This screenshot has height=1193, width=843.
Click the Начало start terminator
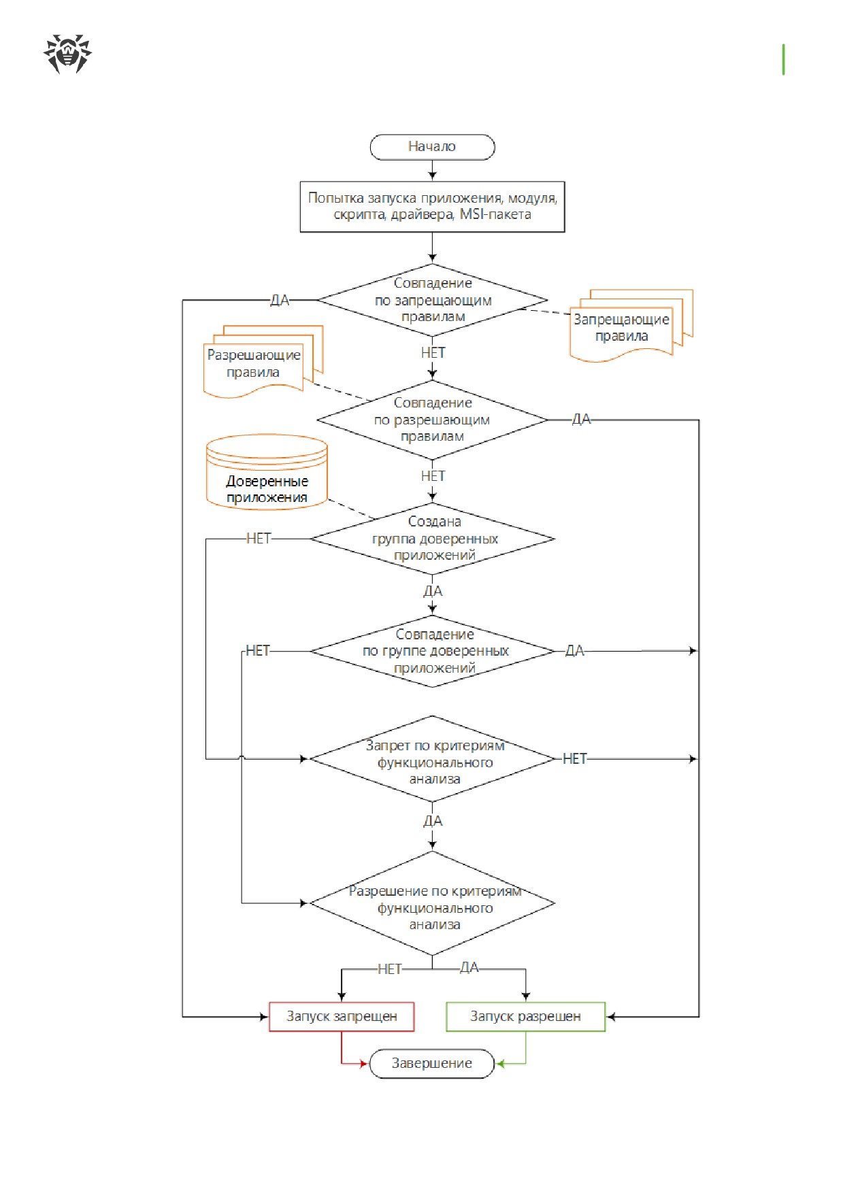pos(432,147)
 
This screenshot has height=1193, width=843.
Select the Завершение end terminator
pos(431,1064)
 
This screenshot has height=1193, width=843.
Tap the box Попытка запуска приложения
pos(432,207)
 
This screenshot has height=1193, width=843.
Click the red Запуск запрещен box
pos(342,1017)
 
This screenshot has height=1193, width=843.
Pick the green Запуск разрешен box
pos(525,1017)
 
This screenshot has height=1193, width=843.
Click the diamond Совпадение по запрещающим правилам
pos(432,300)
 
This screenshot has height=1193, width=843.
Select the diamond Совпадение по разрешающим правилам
pos(432,420)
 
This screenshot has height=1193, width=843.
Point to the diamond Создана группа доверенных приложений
pos(432,539)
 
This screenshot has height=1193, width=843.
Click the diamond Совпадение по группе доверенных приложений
pos(432,651)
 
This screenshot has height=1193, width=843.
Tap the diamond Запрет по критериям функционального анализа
pos(432,759)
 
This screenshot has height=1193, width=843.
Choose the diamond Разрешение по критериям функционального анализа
pos(432,903)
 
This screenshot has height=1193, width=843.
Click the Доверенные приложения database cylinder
pos(267,472)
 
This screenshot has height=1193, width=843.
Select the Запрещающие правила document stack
pos(631,325)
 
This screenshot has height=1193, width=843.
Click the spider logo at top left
pos(67,54)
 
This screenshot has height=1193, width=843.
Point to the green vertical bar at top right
pos(784,59)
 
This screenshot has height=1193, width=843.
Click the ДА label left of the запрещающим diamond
pos(280,301)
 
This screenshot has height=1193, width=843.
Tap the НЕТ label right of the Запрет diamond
pos(574,759)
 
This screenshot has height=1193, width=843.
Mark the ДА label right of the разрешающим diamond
pos(581,420)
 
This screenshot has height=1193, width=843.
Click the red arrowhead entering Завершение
pos(364,1064)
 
